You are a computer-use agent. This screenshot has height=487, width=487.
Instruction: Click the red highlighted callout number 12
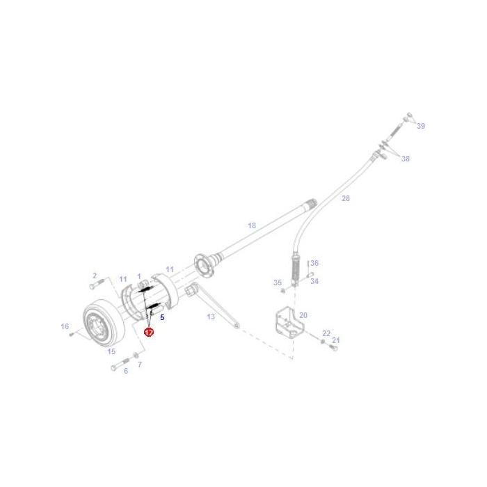(149, 333)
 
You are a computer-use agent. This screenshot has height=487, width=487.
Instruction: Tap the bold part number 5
(162, 317)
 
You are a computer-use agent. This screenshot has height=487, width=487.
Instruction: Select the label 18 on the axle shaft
(252, 225)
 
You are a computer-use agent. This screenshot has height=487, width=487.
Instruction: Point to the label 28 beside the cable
(346, 198)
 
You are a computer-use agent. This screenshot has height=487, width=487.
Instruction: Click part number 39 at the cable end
(421, 126)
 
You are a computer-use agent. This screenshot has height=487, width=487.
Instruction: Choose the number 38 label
(406, 159)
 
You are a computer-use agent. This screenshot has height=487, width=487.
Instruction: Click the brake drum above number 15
(104, 324)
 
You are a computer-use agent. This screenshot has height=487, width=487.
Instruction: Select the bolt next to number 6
(120, 364)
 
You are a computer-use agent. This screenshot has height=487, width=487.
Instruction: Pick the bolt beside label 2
(97, 283)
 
